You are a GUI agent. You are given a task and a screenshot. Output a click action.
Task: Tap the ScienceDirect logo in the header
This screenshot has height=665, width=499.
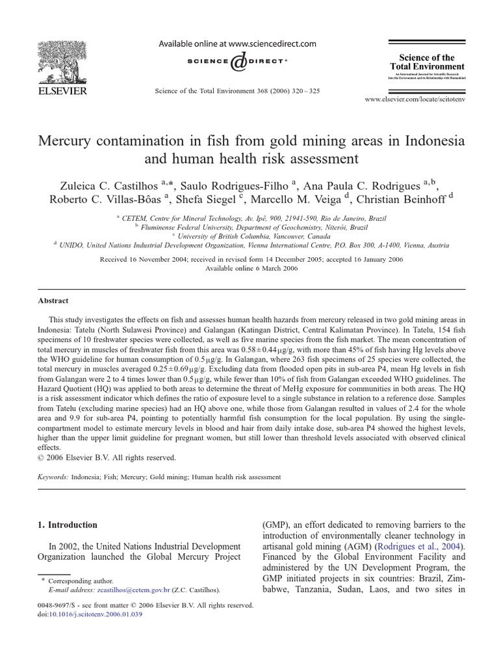(x=238, y=62)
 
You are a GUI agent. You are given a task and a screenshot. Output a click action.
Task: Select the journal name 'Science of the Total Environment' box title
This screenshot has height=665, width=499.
(x=427, y=62)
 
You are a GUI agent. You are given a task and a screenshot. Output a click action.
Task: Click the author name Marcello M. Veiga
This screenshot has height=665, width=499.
(x=297, y=199)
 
